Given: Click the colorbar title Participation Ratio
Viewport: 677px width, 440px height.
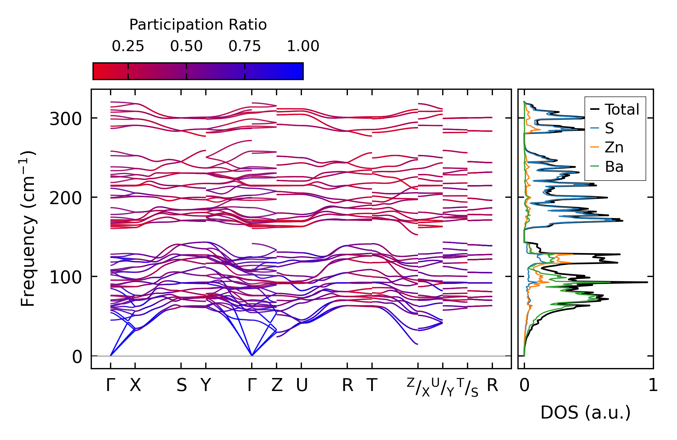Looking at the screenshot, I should [198, 25].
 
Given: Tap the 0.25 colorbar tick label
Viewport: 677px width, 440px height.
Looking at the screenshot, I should [128, 46].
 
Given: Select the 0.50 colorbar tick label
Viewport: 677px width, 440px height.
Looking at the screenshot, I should [186, 46].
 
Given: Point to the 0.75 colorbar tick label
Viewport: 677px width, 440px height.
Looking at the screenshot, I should [245, 46].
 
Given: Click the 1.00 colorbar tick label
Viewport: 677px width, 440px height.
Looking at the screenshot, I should [303, 46].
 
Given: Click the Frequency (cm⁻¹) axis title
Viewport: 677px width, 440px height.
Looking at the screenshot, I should [28, 229].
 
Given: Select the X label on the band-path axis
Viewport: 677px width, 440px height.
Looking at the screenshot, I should [135, 385].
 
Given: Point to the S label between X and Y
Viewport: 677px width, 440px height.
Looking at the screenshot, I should [181, 385].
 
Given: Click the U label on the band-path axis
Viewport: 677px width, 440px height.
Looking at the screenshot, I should [302, 385].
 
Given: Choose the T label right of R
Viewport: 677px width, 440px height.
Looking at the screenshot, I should [372, 385].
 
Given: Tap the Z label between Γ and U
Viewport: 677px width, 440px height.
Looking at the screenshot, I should [277, 385].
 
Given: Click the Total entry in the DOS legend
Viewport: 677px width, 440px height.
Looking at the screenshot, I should [622, 109].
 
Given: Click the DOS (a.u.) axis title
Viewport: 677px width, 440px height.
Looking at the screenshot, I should [585, 412].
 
